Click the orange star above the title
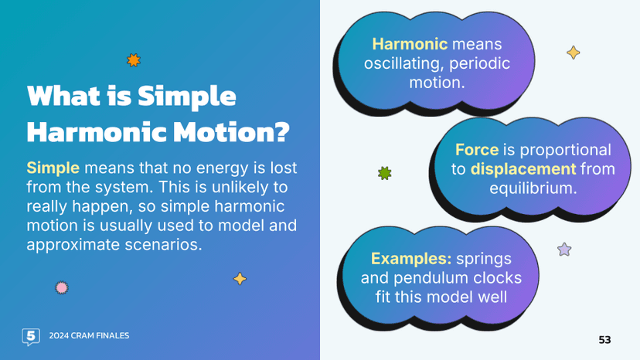[x=134, y=60]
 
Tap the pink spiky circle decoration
[x=62, y=287]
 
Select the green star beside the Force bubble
[x=384, y=173]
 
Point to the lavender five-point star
[x=564, y=249]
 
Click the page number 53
[x=604, y=340]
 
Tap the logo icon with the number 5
[x=31, y=337]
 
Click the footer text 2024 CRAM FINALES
[x=89, y=335]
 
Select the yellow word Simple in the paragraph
[x=53, y=168]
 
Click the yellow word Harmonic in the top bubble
[x=410, y=44]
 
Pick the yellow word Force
[x=477, y=150]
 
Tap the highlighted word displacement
[x=523, y=169]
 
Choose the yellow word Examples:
[x=411, y=259]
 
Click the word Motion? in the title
[x=231, y=131]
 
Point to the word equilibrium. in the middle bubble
[x=533, y=188]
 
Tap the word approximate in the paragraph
[x=73, y=245]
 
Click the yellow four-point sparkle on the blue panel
[x=240, y=279]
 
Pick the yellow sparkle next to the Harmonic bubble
[x=573, y=53]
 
